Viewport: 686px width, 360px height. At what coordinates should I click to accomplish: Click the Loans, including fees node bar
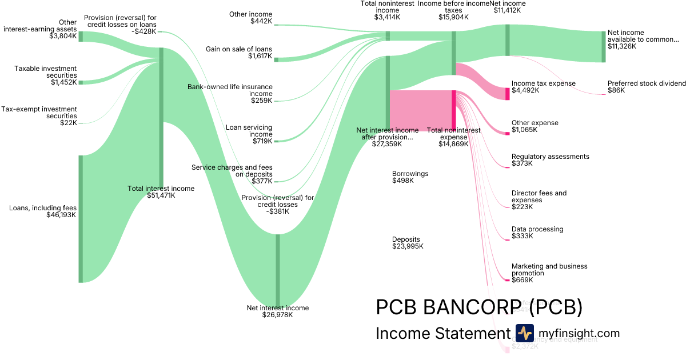[x=81, y=218]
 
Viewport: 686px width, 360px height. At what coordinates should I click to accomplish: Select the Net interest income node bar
[x=278, y=270]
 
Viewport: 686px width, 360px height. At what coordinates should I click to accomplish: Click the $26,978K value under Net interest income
[x=277, y=315]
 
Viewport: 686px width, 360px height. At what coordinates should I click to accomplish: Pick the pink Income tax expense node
[x=507, y=94]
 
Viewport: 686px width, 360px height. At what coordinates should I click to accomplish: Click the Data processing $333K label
[x=537, y=233]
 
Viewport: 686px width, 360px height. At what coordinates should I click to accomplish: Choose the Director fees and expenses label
[x=539, y=197]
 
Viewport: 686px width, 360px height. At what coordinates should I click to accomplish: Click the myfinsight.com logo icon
[x=524, y=333]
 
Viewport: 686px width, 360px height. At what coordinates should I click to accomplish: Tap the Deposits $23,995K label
[x=408, y=243]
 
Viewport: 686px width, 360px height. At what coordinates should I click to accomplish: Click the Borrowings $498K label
[x=410, y=177]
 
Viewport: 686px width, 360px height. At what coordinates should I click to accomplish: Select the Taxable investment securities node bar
[x=81, y=82]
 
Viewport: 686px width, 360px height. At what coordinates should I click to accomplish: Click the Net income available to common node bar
[x=603, y=46]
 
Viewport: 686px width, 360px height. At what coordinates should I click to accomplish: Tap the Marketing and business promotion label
[x=549, y=270]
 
